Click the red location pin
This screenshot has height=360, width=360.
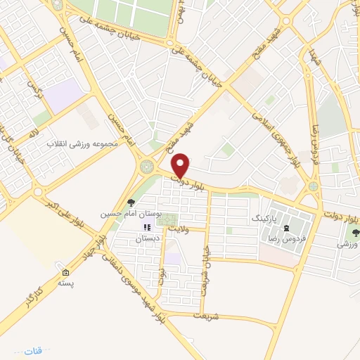(x=181, y=165)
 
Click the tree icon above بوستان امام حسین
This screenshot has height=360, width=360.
(x=131, y=202)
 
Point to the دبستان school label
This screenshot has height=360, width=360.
(x=148, y=238)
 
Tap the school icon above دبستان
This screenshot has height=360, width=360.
(x=148, y=227)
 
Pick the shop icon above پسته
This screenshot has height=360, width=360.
(x=66, y=274)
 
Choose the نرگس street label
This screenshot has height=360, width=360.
(x=32, y=87)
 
